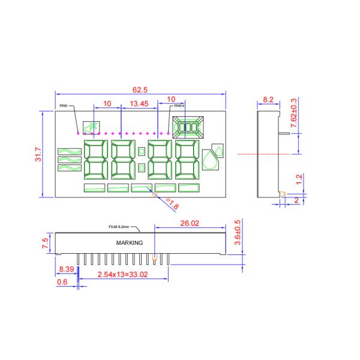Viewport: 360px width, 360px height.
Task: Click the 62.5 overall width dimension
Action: [140, 89]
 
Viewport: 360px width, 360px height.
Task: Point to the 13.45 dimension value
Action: [139, 104]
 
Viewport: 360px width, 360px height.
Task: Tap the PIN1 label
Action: [64, 106]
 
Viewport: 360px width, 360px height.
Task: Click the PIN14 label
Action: [179, 106]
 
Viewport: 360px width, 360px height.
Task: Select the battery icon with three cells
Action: [187, 127]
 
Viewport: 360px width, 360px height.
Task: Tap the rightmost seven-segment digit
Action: [187, 160]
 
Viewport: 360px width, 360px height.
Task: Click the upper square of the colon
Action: [142, 152]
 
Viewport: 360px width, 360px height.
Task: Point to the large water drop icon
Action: [210, 162]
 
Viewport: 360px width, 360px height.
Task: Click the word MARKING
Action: [130, 243]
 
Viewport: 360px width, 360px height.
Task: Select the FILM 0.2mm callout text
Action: [119, 227]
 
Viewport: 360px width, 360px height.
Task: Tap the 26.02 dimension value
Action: [190, 223]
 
